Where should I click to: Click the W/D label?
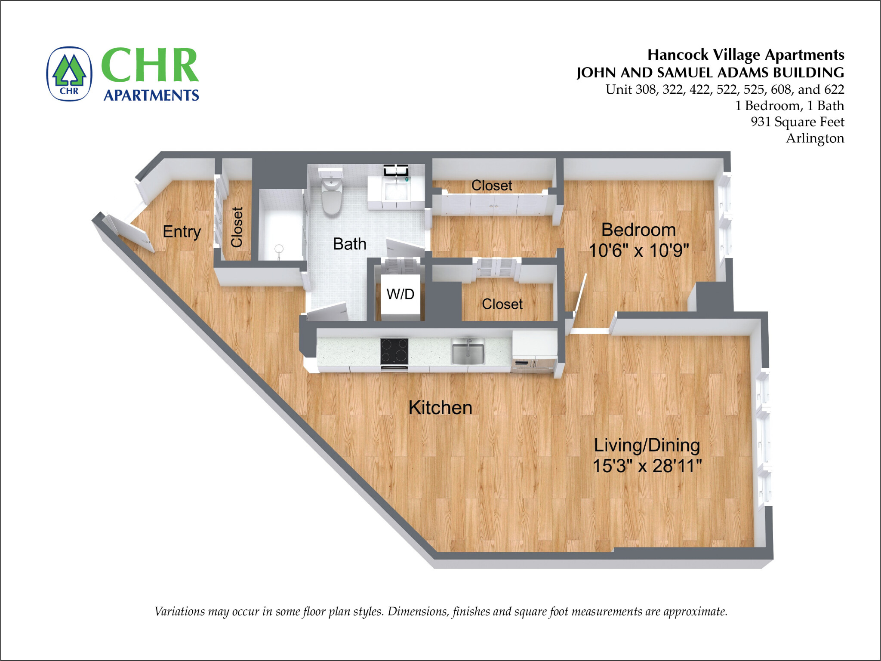[400, 294]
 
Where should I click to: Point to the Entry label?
[182, 232]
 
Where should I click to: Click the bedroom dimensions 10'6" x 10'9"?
[638, 251]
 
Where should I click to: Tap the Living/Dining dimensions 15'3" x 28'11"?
[647, 466]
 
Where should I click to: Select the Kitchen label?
[440, 408]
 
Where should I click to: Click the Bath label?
[349, 244]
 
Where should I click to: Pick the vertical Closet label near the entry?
[237, 227]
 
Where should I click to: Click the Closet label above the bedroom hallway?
[491, 185]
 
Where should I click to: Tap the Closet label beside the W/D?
[502, 304]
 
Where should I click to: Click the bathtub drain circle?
[279, 249]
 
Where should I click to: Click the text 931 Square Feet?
[797, 122]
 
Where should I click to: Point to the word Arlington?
[815, 138]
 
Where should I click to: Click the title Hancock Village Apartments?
[745, 55]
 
